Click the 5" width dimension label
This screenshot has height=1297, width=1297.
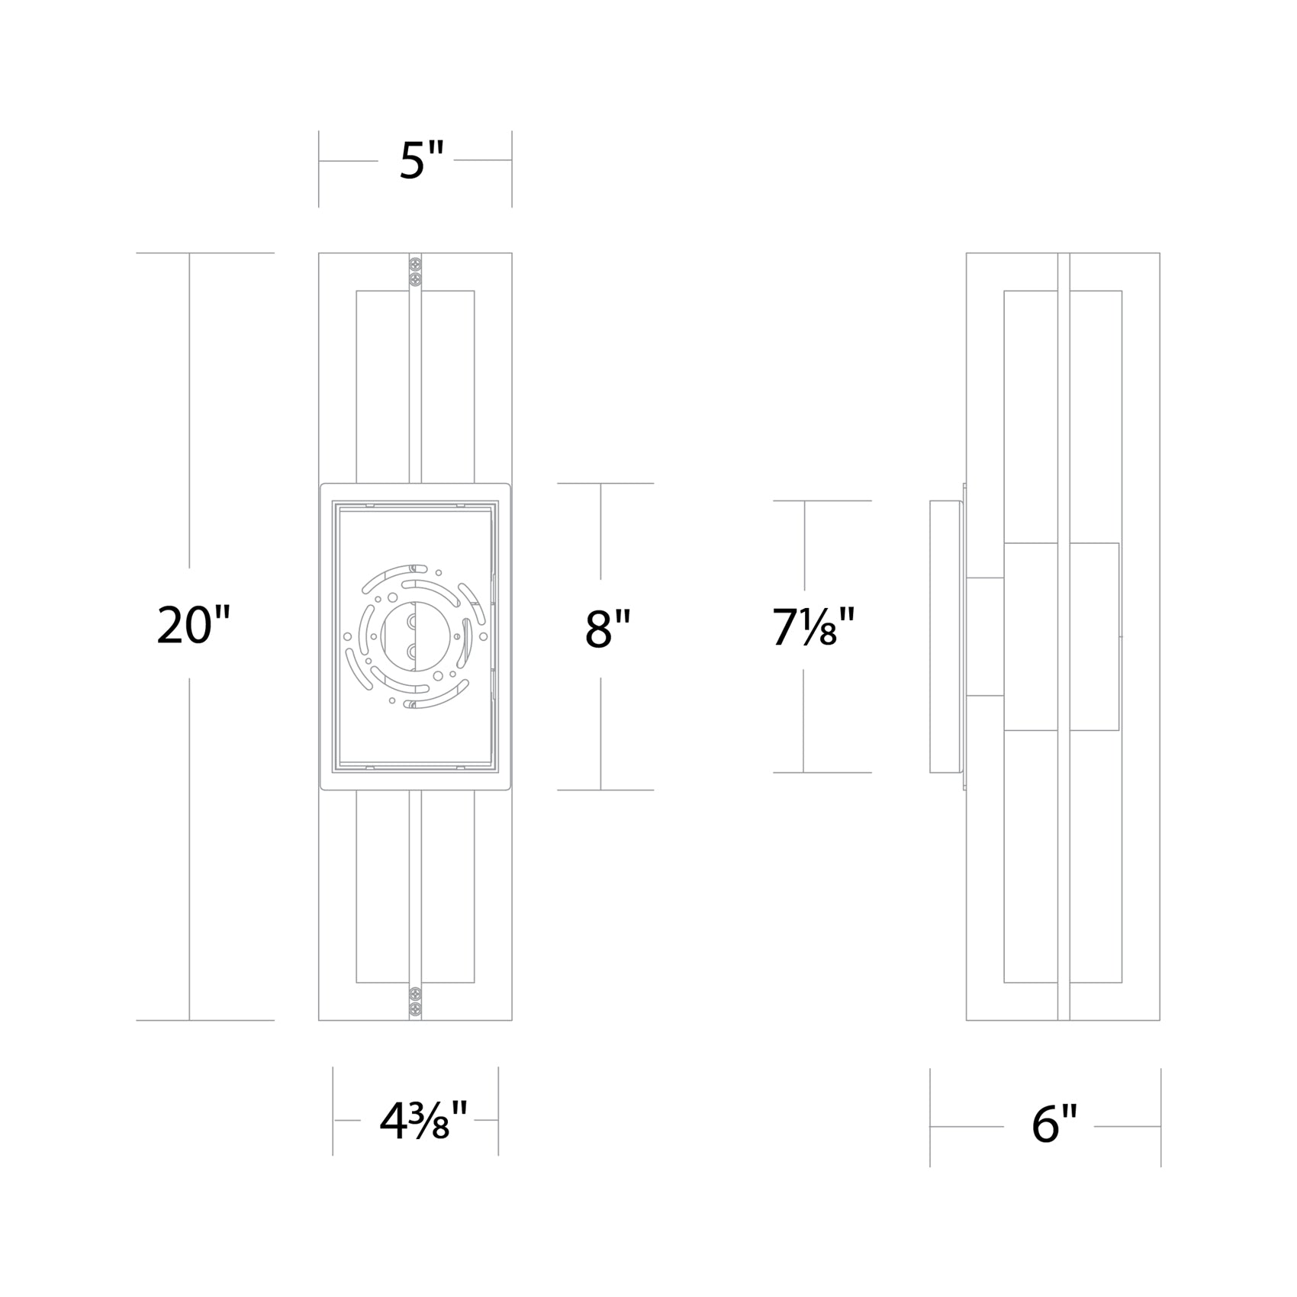pyautogui.click(x=421, y=162)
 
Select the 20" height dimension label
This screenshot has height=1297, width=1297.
pyautogui.click(x=193, y=625)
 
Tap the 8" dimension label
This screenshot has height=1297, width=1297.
pyautogui.click(x=607, y=630)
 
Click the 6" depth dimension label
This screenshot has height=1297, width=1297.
pyautogui.click(x=1054, y=1124)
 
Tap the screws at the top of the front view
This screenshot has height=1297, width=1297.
pyautogui.click(x=416, y=272)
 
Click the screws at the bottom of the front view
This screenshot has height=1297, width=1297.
pyautogui.click(x=416, y=999)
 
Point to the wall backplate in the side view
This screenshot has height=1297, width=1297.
pyautogui.click(x=945, y=636)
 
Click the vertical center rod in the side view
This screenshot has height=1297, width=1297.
pyautogui.click(x=1064, y=636)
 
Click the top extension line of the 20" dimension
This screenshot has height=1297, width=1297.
pyautogui.click(x=204, y=253)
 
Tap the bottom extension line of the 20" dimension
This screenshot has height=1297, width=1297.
pyautogui.click(x=204, y=1020)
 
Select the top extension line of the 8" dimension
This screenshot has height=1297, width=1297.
pyautogui.click(x=605, y=484)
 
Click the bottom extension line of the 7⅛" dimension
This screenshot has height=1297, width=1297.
pyautogui.click(x=822, y=773)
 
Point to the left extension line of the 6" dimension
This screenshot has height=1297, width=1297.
pyautogui.click(x=930, y=1117)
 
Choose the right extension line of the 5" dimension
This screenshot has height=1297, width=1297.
pyautogui.click(x=511, y=169)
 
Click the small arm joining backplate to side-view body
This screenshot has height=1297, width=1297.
pyautogui.click(x=985, y=636)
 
